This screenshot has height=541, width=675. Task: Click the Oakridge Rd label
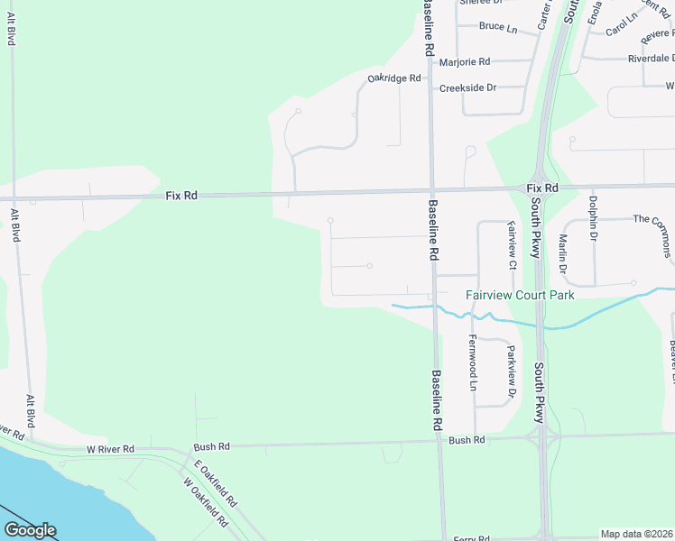[394, 78]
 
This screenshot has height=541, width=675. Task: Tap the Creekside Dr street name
[467, 88]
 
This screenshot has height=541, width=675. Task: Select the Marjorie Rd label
[464, 62]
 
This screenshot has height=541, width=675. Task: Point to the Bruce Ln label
[498, 28]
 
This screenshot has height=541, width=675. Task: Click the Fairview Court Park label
[520, 295]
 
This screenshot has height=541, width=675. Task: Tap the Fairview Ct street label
[511, 245]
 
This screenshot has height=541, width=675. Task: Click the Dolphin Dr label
[594, 219]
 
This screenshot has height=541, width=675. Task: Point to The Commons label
[653, 219]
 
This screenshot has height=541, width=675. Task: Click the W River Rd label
[110, 448]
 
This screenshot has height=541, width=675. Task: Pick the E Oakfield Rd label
[214, 482]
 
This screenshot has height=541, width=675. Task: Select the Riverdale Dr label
[651, 59]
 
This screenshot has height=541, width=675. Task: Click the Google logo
[30, 530]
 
